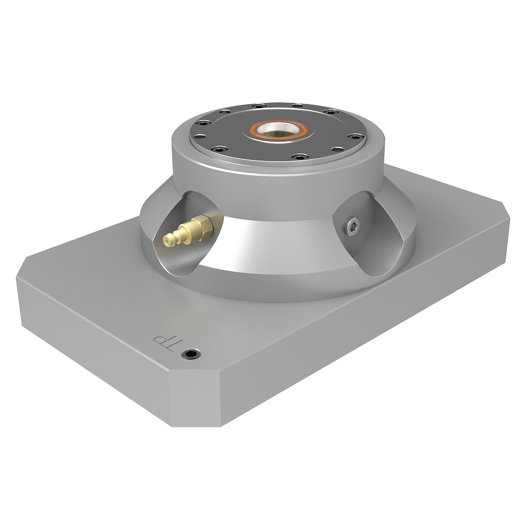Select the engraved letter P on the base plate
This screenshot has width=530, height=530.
(160, 339)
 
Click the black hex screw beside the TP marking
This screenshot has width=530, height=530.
(191, 354)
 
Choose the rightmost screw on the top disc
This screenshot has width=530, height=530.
(356, 136)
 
